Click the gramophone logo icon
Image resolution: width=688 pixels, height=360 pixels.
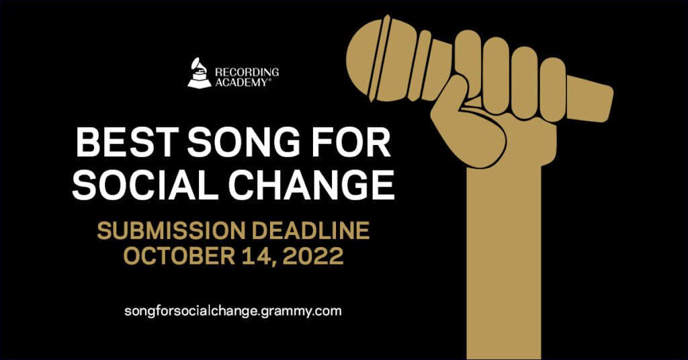click(199, 73)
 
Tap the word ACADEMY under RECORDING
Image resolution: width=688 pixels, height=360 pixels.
click(242, 82)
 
